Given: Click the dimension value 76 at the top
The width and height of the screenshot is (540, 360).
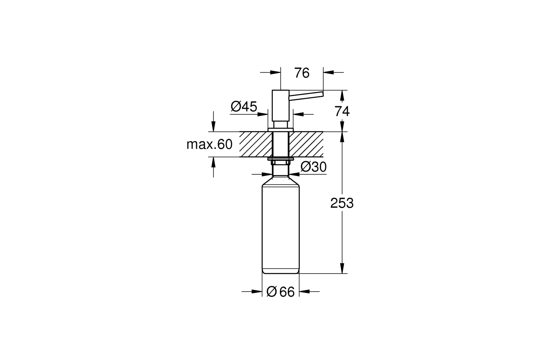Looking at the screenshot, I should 302,73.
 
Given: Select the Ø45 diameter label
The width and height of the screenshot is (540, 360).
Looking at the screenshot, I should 244,107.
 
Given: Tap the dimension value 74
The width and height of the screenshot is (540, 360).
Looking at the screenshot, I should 342,111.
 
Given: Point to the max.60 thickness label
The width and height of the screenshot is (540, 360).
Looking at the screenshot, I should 209,144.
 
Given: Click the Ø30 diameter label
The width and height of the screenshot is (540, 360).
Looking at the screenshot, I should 313,167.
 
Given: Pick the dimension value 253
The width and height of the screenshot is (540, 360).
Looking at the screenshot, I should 342,203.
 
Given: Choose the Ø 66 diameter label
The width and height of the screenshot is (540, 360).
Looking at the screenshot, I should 281,292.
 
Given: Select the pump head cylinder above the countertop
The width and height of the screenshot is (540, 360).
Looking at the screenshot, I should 280,105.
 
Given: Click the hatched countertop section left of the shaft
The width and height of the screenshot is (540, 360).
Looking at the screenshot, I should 256,144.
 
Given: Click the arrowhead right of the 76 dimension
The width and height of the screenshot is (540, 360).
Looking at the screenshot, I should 329,72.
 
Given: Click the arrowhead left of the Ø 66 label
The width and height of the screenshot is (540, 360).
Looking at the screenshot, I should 257,292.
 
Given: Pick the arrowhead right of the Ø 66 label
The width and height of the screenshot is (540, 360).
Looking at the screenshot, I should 304,292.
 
